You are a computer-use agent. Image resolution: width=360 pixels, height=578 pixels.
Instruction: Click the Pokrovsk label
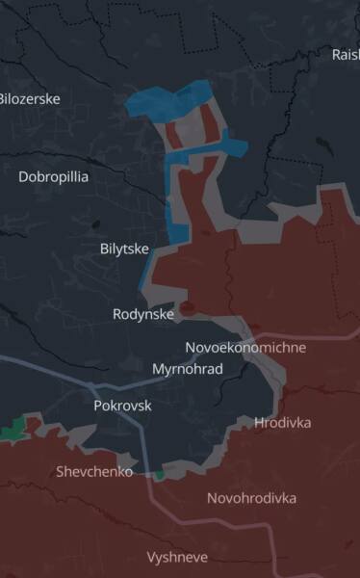click(x=122, y=406)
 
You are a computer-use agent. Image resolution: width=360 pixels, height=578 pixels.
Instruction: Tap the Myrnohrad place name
click(x=188, y=369)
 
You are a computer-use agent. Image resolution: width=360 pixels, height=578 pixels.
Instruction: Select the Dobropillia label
click(x=53, y=176)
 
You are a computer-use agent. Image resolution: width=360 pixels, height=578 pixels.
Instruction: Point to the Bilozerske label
click(x=29, y=98)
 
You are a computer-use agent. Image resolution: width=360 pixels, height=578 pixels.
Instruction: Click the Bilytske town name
click(x=124, y=249)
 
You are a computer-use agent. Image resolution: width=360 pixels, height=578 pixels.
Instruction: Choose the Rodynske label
click(x=143, y=314)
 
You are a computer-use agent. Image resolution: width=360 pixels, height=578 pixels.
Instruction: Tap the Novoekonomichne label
click(x=245, y=347)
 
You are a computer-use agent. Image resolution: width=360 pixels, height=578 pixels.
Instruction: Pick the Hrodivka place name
click(x=283, y=422)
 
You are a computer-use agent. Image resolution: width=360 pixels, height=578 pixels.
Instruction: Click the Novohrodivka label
click(x=251, y=498)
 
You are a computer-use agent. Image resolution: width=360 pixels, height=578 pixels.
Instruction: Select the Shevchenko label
click(x=94, y=471)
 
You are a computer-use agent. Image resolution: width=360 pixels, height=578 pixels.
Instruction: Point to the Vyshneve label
click(x=176, y=557)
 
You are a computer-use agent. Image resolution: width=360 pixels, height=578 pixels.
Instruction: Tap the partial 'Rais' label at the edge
click(x=346, y=54)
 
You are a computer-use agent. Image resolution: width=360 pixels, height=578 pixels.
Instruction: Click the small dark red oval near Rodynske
click(x=188, y=308)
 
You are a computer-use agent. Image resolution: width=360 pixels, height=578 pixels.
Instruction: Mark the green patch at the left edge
click(x=13, y=431)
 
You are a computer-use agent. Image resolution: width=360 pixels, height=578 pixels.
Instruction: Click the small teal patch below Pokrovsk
click(x=159, y=474)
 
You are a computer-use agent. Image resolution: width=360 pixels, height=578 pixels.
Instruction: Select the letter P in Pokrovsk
click(x=98, y=406)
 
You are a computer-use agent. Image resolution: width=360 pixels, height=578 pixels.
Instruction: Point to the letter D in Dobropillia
click(x=23, y=176)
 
